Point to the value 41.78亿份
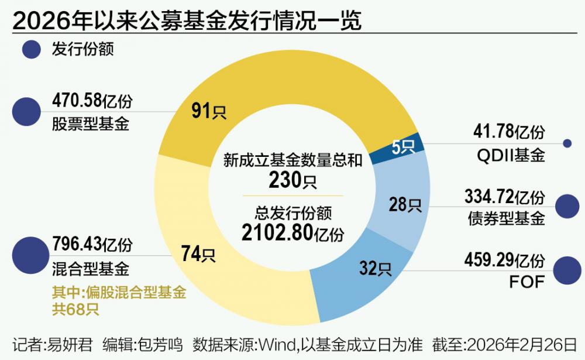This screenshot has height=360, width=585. [509, 132]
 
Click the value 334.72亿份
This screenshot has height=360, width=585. [504, 195]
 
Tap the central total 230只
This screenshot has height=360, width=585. [292, 180]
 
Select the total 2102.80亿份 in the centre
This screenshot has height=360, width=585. [292, 233]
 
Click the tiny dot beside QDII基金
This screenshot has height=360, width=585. [566, 143]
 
